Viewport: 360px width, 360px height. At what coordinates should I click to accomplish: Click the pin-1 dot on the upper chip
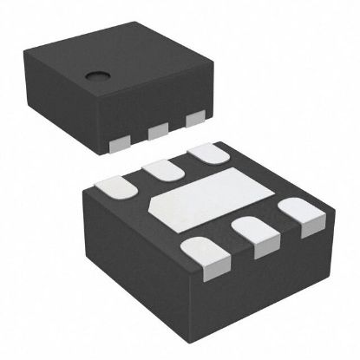(91, 75)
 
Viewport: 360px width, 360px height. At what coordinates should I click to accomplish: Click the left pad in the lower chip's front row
(202, 252)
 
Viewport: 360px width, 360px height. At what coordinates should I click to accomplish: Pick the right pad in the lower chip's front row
(295, 213)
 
